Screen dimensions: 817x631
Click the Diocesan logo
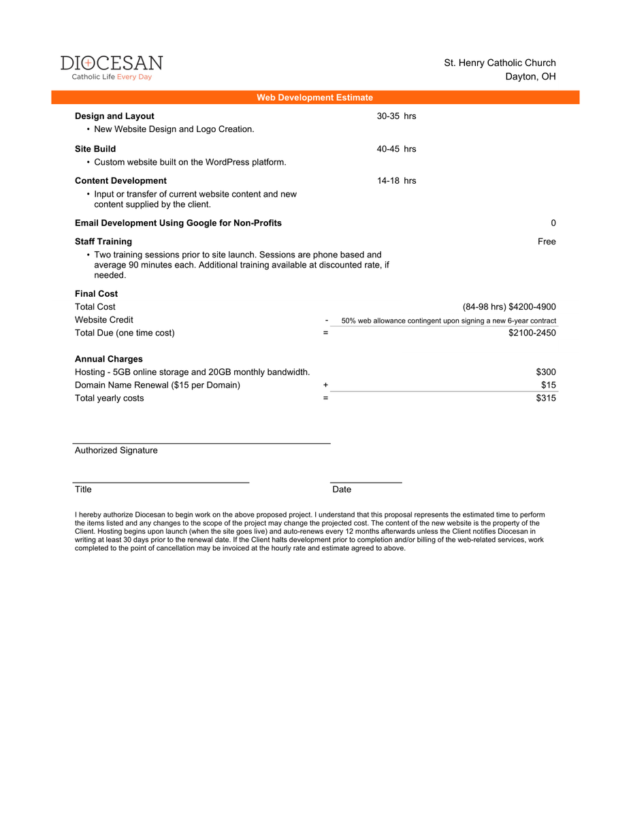[x=112, y=67]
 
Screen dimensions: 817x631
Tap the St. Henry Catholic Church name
[x=500, y=63]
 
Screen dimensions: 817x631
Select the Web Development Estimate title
[x=314, y=97]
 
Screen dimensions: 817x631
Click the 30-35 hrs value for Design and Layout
[x=396, y=116]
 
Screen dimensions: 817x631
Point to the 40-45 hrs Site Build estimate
[x=396, y=148]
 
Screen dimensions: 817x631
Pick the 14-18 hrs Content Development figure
[x=396, y=180]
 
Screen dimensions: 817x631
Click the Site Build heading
[x=95, y=148]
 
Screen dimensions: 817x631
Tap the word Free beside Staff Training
[x=546, y=241]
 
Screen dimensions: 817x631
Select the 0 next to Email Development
[x=553, y=223]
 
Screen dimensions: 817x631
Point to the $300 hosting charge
[x=546, y=372]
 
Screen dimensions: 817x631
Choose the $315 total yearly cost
[x=546, y=398]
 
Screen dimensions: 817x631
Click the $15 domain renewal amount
[x=549, y=385]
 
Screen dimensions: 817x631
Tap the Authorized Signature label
[x=116, y=450]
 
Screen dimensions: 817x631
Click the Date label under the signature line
[x=342, y=490]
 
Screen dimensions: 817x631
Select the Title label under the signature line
[x=83, y=490]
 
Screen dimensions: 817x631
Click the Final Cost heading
[x=96, y=293]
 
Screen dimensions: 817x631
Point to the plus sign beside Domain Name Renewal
[x=325, y=385]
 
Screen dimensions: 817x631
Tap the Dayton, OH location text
[x=530, y=76]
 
